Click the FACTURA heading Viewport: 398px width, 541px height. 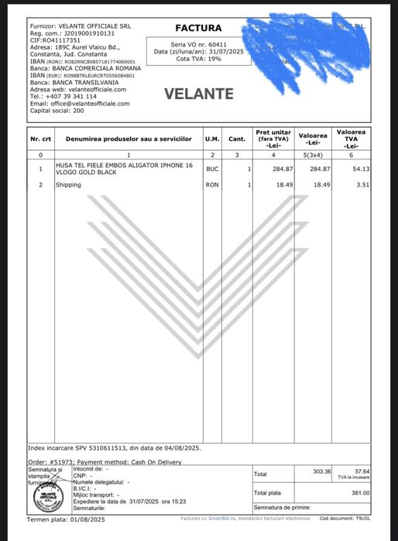(x=198, y=28)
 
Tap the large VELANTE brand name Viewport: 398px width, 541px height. (x=199, y=94)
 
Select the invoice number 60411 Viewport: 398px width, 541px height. (x=210, y=44)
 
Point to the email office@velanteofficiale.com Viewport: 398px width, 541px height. (x=80, y=103)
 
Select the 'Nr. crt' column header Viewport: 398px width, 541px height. (x=40, y=139)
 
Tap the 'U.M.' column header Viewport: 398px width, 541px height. (x=212, y=139)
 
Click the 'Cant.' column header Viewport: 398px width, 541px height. (x=237, y=139)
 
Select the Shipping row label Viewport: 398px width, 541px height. (x=69, y=185)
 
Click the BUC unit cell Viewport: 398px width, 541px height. (x=212, y=168)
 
